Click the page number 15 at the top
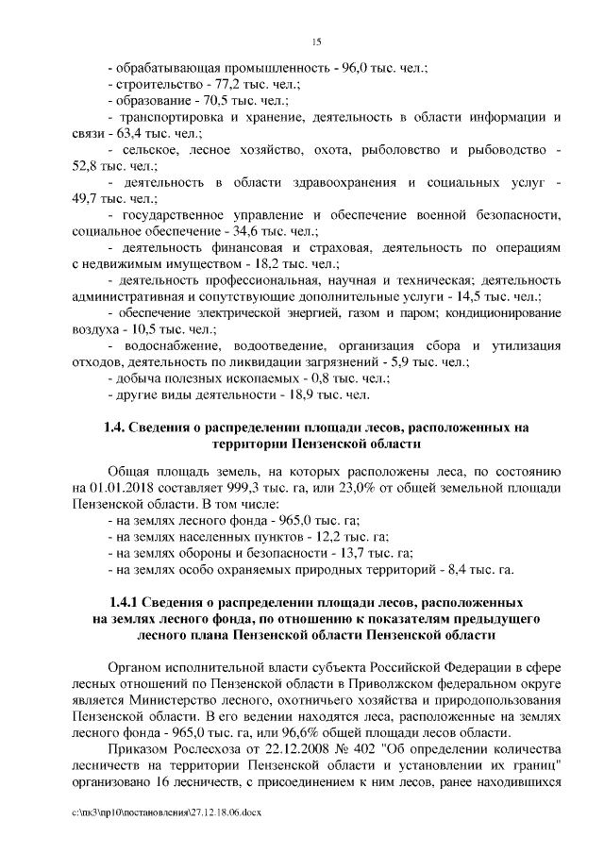pos(316,40)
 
